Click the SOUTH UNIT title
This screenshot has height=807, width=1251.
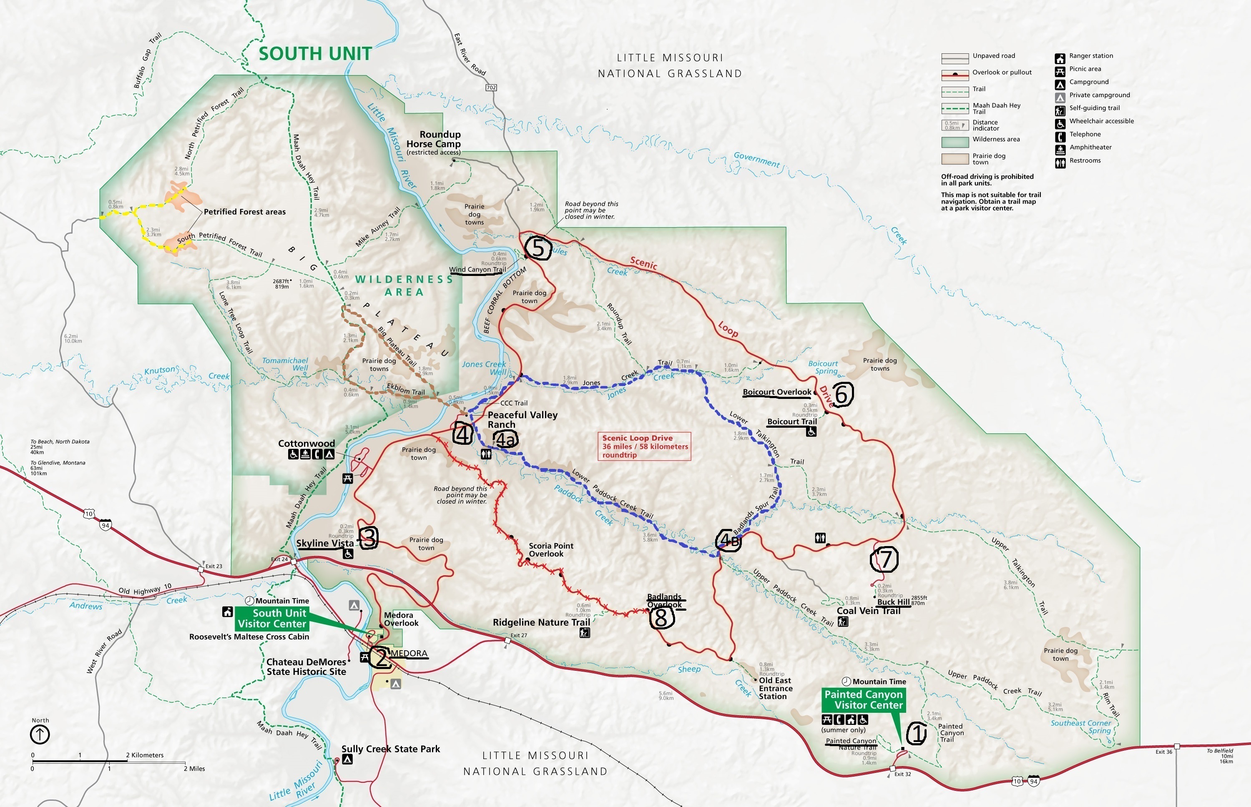(x=315, y=53)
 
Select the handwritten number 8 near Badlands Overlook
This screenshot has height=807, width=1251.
(x=661, y=618)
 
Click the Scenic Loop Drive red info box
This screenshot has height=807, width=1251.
(x=644, y=446)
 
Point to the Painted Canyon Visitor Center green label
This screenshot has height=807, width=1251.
(x=863, y=699)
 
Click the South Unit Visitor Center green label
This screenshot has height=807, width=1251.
(x=271, y=618)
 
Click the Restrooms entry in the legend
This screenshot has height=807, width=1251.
(x=1084, y=161)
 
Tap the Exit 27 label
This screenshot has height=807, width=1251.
(x=518, y=635)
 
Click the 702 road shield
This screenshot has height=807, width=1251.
(x=490, y=87)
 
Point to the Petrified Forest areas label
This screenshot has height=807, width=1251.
(x=244, y=212)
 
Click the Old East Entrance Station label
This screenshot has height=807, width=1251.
(x=775, y=688)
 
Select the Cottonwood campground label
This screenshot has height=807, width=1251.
(x=306, y=444)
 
